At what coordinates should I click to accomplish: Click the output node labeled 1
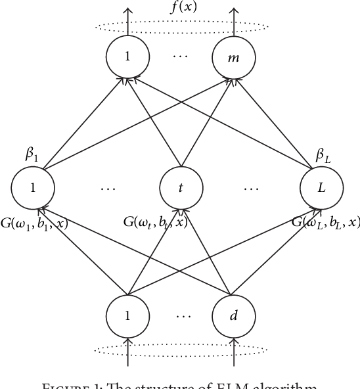[x=127, y=57]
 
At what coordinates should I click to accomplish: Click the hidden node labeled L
[x=321, y=187]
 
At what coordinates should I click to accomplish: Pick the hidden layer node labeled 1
[x=32, y=187]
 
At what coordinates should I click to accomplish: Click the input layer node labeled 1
[x=127, y=315]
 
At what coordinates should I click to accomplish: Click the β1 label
[x=32, y=156]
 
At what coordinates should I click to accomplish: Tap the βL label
[x=321, y=156]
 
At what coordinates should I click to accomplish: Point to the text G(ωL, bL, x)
[x=326, y=222]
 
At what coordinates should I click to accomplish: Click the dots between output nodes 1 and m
[x=179, y=57]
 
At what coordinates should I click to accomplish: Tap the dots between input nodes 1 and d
[x=179, y=315]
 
